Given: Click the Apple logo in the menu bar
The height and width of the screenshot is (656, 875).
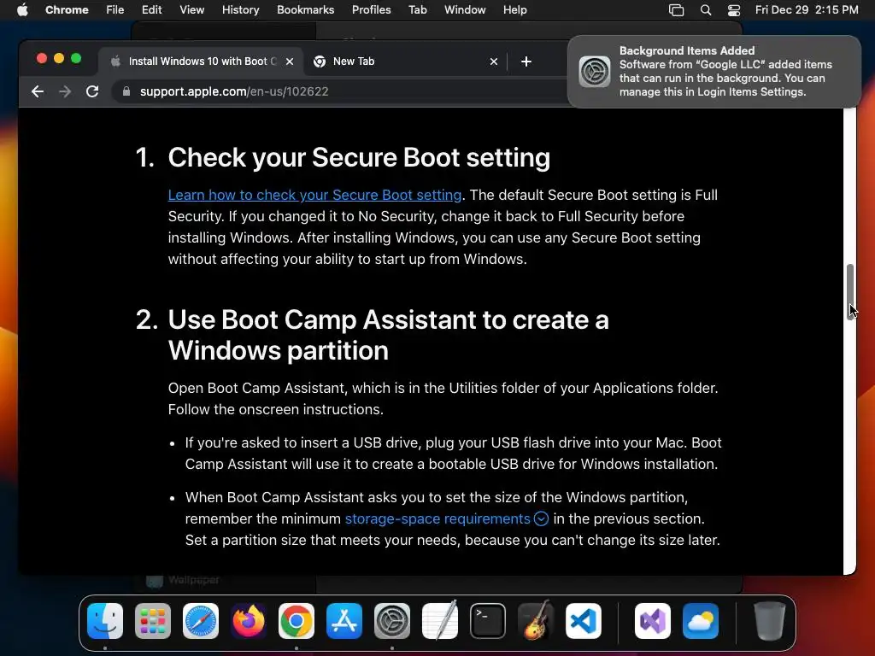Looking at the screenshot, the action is click(22, 9).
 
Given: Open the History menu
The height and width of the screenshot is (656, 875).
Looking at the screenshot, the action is click(240, 9).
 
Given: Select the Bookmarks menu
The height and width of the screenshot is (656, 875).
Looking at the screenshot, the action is click(305, 9).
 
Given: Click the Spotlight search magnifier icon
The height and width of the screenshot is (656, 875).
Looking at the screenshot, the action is click(705, 9).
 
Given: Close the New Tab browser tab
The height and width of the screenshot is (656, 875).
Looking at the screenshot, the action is click(493, 61).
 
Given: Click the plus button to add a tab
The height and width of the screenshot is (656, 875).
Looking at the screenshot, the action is click(526, 61).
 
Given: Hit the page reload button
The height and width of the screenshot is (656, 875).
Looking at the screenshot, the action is click(92, 91).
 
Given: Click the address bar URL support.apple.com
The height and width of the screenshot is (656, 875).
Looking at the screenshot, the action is click(234, 91).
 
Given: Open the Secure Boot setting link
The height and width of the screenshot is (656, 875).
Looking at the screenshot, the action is click(314, 195).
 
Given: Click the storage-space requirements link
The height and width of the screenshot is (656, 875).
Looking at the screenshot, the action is click(437, 518).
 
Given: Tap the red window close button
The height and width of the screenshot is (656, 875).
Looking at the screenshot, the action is click(42, 58).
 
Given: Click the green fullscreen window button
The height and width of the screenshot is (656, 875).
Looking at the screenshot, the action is click(76, 58).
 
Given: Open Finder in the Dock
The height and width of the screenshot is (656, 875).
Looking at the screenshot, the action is click(105, 621).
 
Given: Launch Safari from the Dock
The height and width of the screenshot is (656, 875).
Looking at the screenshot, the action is click(201, 621).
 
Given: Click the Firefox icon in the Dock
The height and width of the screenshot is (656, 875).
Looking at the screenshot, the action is click(249, 621).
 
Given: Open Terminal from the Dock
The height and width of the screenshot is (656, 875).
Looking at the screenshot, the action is click(488, 621).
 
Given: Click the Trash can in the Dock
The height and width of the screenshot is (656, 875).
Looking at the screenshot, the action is click(770, 621).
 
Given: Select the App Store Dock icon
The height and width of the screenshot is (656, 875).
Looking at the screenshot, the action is click(344, 621).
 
